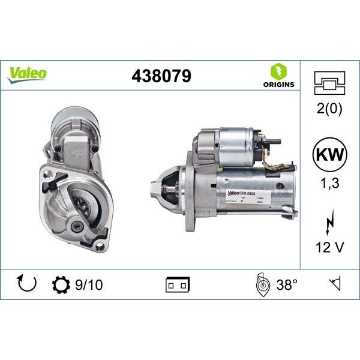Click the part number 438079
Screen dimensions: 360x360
pos(161,76)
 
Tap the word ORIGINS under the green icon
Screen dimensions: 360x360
pos(278,85)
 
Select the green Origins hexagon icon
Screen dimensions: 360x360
pos(278,71)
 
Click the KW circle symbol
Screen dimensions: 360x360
pos(329,155)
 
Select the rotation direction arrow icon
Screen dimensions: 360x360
pos(27,284)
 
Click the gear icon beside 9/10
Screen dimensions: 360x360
pos(61,284)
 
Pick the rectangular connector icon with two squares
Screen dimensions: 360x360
pos(178,284)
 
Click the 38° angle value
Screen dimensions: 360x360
pos(287,284)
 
